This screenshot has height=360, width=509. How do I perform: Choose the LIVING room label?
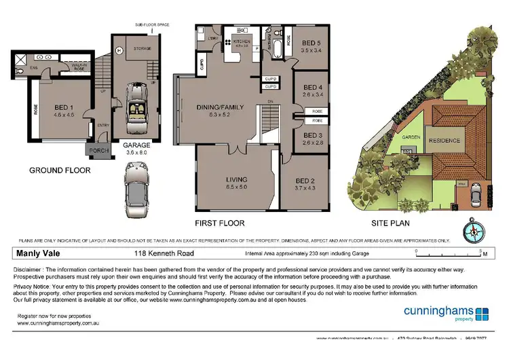[235, 180]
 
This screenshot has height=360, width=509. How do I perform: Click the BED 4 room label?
[312, 88]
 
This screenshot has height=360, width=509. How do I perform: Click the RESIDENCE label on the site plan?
[445, 141]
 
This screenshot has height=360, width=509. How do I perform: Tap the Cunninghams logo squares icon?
[482, 314]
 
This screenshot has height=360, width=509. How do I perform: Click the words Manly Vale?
[37, 255]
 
